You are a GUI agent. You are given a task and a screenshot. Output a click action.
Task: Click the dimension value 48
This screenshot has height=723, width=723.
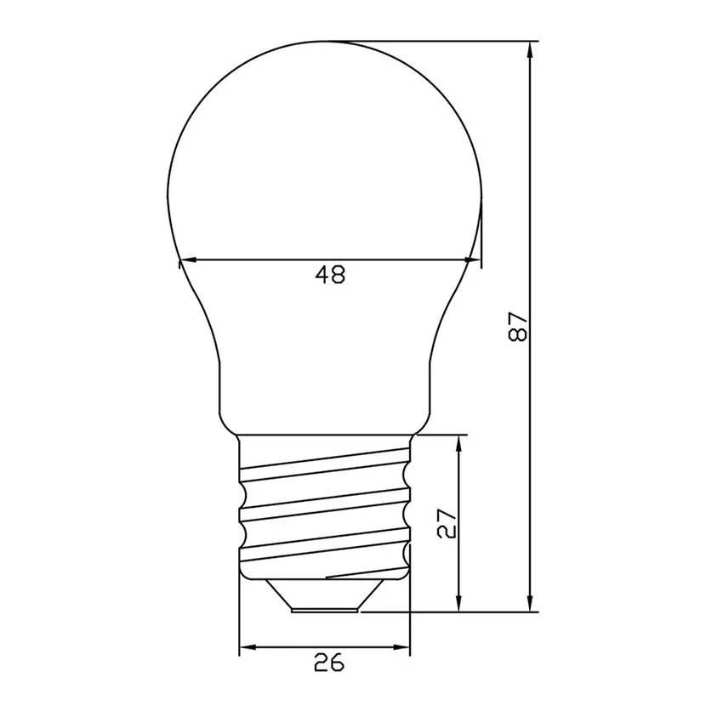pos(330,275)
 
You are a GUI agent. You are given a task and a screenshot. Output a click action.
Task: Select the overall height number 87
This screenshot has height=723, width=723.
pos(518,327)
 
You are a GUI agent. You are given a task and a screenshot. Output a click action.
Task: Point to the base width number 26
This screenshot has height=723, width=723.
pos(329,663)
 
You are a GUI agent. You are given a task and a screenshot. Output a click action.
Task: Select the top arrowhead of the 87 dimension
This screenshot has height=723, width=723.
pos(531,51)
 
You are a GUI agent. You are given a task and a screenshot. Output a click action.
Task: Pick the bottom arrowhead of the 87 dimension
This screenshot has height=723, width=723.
pos(531,601)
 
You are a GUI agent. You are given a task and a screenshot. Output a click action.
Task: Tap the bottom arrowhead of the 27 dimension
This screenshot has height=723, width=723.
pos(460,602)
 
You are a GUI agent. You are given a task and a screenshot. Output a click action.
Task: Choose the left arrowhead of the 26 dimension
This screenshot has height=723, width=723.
pos(248,649)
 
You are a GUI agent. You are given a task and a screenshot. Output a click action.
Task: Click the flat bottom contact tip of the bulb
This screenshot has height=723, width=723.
pos(324,609)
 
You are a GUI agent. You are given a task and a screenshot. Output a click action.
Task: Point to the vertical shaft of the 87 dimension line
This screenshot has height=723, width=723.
pos(531,213)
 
